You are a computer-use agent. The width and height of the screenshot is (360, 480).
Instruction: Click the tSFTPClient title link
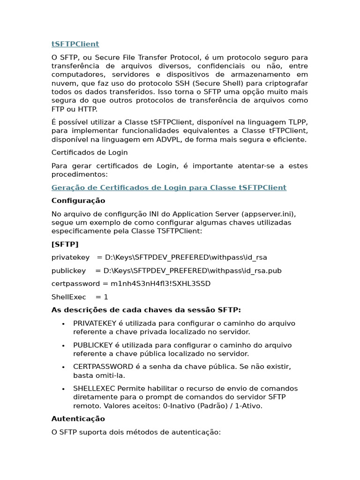coord(75,44)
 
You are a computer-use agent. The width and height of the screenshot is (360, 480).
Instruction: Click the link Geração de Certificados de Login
coord(169,187)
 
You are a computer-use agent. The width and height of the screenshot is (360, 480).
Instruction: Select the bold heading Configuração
coord(78,201)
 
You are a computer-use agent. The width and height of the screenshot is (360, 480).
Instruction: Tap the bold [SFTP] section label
coord(65,244)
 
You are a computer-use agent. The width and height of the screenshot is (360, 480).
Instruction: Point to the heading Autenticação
coord(78,419)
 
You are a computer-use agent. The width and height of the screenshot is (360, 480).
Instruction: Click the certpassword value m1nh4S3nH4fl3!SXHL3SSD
coord(157,284)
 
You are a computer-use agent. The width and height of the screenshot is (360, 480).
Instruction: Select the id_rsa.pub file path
coord(193,270)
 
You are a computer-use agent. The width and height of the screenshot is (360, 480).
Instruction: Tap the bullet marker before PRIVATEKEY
coord(63,324)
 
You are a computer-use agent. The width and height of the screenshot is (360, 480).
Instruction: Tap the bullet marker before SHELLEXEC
coord(63,389)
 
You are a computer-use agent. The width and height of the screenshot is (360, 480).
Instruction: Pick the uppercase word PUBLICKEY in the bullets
coord(93,345)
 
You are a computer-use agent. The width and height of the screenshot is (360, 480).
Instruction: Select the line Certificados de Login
coord(90,152)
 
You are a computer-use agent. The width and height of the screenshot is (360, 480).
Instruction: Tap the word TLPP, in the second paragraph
coord(297,122)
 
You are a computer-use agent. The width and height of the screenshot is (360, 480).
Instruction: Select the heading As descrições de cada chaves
coord(146,310)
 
